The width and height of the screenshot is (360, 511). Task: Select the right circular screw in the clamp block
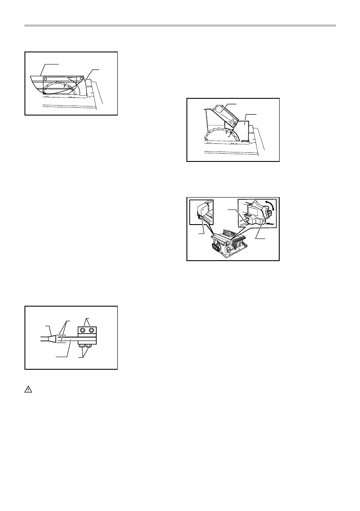coord(91,331)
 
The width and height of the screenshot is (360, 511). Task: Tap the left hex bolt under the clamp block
coord(82,346)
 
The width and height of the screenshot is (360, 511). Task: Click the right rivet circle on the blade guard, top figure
coord(82,78)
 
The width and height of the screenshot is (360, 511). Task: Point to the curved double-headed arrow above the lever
coord(268,205)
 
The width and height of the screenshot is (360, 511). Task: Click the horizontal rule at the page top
coord(180,26)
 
